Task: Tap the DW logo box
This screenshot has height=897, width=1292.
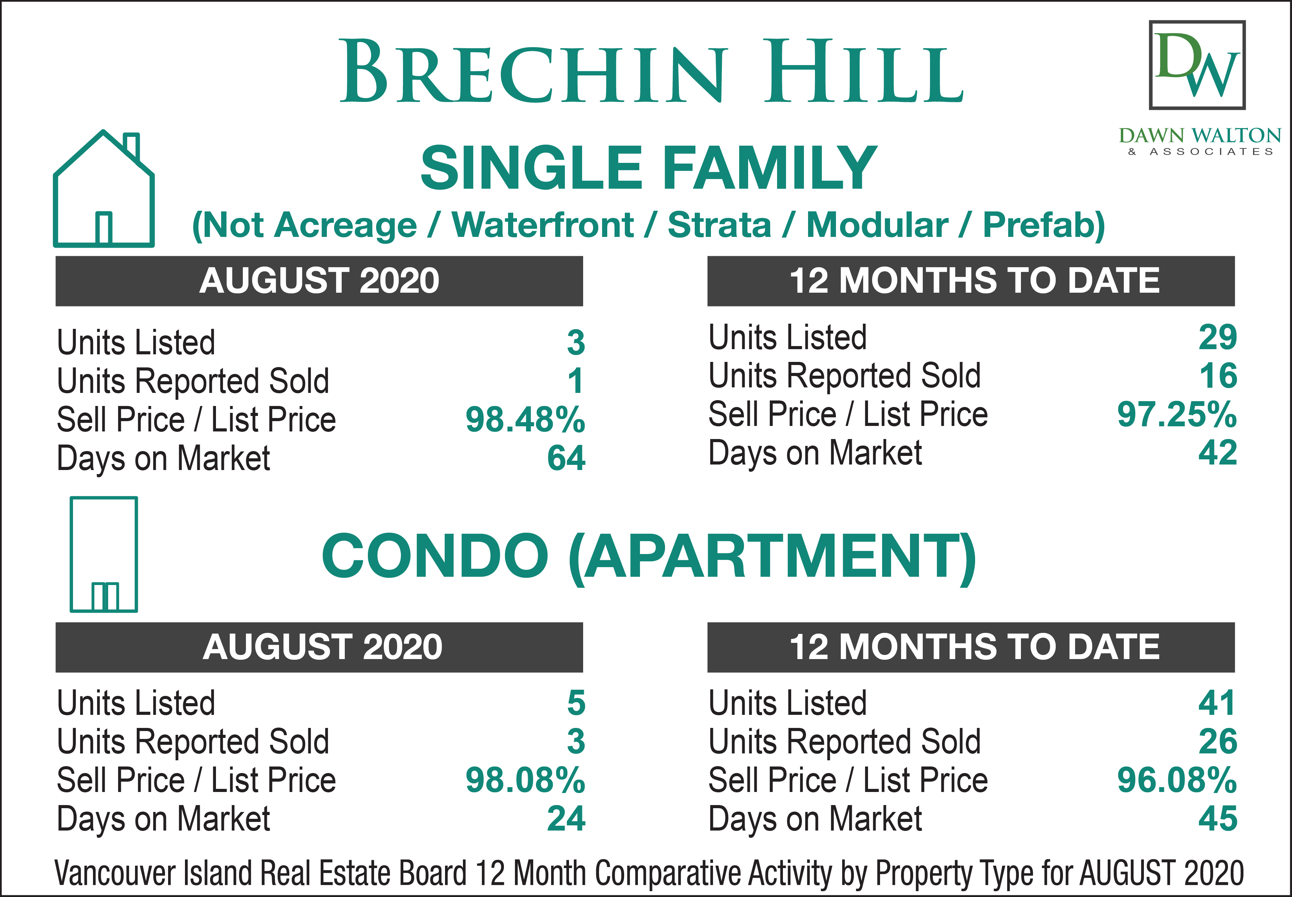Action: [x=1197, y=65]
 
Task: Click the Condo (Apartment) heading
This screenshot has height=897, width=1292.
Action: [x=649, y=556]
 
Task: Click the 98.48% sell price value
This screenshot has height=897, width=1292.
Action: [x=525, y=420]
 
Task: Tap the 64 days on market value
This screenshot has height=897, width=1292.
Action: [x=566, y=458]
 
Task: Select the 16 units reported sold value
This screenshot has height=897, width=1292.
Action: [x=1218, y=376]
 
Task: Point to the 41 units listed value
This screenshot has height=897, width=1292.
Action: [x=1217, y=703]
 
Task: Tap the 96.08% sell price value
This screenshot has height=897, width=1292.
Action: [x=1177, y=781]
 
